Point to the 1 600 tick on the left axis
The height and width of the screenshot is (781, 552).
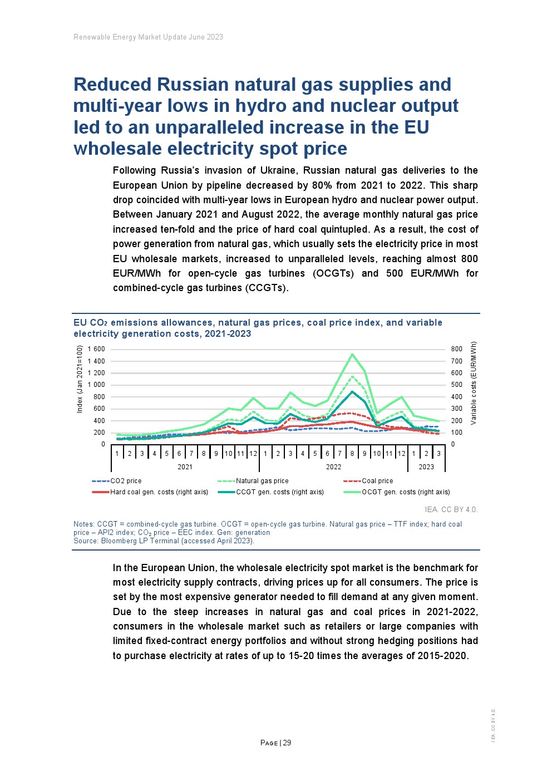point(96,349)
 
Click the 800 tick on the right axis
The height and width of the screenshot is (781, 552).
point(456,349)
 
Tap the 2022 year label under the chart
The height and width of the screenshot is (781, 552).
point(333,467)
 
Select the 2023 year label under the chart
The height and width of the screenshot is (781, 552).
point(426,467)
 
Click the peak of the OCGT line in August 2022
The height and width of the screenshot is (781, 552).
point(352,354)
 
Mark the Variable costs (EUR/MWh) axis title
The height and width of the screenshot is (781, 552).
point(474,383)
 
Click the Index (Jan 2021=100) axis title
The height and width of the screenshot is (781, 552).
point(80,379)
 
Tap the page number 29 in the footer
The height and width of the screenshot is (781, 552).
point(287,743)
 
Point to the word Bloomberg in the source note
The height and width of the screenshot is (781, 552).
point(117,541)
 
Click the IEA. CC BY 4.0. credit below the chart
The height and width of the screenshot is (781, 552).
point(451,509)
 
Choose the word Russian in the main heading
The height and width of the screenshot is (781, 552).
point(193,85)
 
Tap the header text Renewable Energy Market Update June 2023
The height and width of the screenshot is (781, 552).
point(148,37)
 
